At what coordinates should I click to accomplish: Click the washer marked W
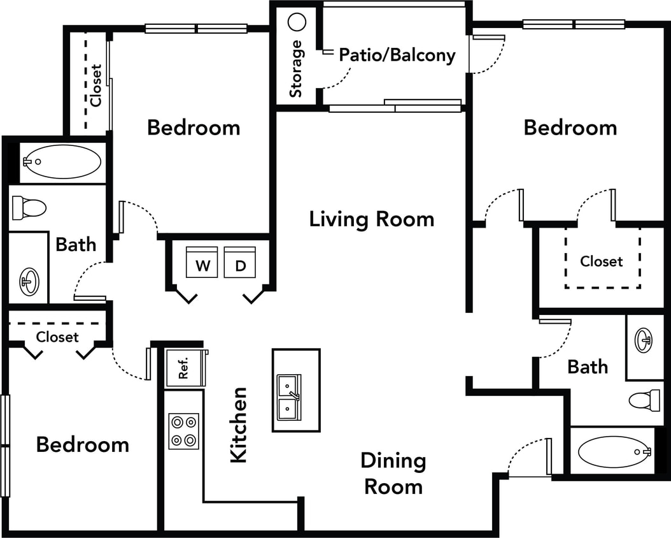(202, 263)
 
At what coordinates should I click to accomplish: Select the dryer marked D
(240, 263)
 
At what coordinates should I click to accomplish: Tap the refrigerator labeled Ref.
(185, 369)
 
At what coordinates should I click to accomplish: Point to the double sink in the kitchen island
(290, 397)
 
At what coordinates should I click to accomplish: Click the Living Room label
(372, 219)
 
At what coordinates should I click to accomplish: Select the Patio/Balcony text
(397, 55)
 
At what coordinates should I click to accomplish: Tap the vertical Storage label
(296, 69)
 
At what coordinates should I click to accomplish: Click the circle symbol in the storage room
(297, 22)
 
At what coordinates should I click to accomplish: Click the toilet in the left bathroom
(29, 207)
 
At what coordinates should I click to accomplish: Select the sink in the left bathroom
(29, 280)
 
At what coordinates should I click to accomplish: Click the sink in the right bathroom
(644, 341)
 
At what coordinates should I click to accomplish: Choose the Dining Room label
(393, 473)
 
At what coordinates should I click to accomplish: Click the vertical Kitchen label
(238, 425)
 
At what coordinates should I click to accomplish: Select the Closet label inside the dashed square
(602, 261)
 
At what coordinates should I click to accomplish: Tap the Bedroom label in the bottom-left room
(83, 444)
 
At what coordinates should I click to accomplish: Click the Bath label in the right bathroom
(588, 367)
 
